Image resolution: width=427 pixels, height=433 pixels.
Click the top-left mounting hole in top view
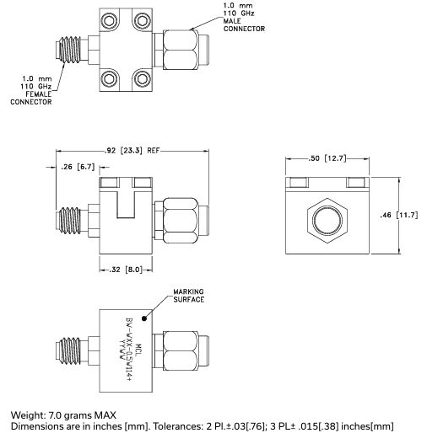[109, 21]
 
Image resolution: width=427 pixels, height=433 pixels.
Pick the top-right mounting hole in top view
[140, 21]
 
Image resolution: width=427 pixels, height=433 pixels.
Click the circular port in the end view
[327, 222]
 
